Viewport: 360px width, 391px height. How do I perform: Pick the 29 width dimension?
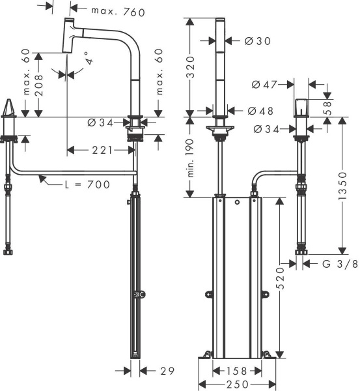coord(167,371)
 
